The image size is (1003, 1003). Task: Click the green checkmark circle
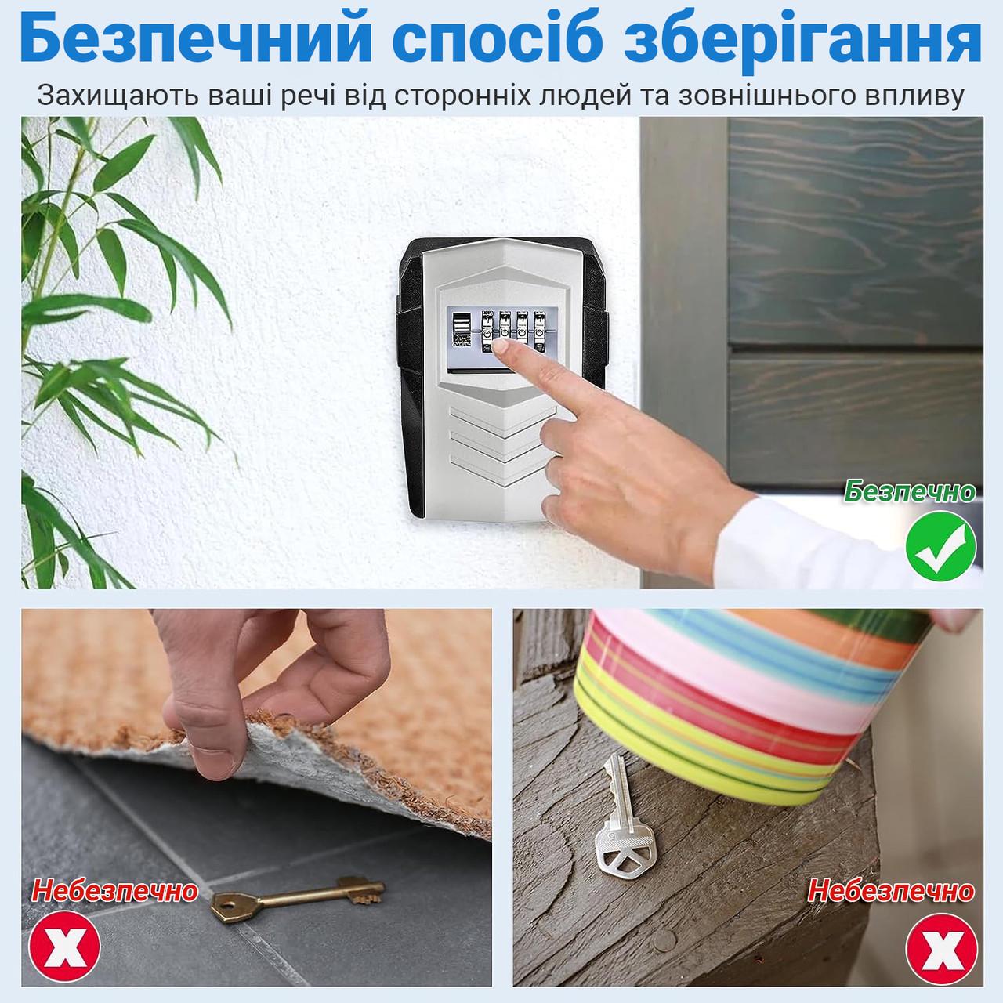click(940, 545)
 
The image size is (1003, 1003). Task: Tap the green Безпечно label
click(909, 491)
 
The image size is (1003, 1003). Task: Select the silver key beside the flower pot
click(624, 816)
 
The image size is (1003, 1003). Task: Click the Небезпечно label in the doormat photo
click(114, 891)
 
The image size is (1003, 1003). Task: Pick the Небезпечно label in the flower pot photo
click(891, 891)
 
